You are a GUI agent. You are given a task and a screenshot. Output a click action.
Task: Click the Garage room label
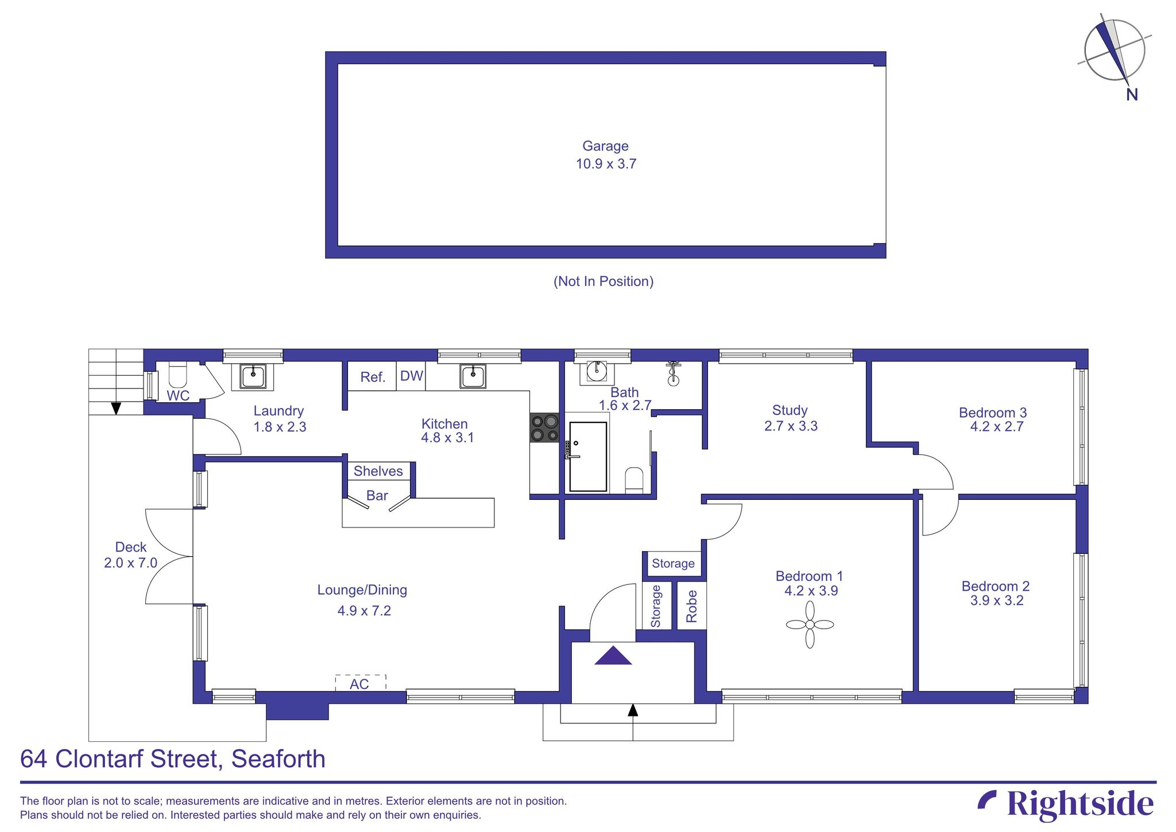[x=605, y=146]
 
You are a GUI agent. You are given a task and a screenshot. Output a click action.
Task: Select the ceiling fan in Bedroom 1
[x=810, y=625]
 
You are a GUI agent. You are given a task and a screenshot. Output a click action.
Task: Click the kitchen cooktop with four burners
[x=544, y=428]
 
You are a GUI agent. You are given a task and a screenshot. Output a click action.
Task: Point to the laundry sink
[x=253, y=376]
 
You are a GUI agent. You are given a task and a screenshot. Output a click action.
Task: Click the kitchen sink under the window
[x=473, y=376]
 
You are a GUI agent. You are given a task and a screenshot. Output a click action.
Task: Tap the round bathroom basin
[x=597, y=372]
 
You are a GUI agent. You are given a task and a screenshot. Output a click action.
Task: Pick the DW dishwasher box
[x=411, y=376]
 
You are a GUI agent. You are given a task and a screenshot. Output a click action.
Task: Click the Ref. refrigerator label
[x=372, y=377]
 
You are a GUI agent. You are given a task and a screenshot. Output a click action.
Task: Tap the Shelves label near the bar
[x=378, y=471]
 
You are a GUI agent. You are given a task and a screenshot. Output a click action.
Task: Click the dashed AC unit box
[x=360, y=683]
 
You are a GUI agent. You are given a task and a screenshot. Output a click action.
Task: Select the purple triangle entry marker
[x=613, y=657]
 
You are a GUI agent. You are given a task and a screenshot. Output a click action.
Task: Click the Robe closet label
[x=691, y=606]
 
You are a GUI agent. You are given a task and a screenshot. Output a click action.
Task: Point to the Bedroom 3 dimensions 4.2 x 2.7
[x=996, y=427]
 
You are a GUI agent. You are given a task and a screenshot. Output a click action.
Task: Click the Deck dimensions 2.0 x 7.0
[x=130, y=563]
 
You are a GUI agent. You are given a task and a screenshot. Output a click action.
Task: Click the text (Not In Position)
[x=603, y=281]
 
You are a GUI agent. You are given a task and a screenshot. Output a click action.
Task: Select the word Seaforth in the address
[x=278, y=759]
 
